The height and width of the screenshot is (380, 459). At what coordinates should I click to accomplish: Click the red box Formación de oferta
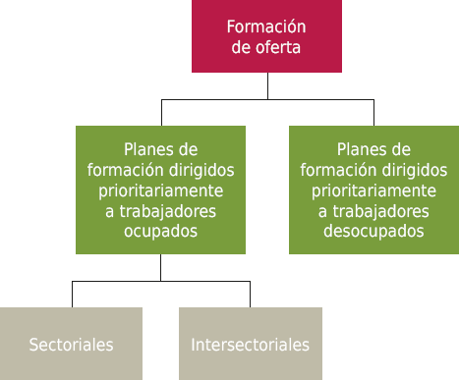[x=266, y=36]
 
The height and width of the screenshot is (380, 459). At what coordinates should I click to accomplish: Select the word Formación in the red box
[x=266, y=27]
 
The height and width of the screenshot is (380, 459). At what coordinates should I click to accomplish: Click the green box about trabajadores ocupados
[x=160, y=190]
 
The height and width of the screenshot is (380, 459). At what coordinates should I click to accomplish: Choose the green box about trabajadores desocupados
[x=373, y=190]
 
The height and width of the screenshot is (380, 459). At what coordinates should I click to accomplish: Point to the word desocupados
[x=373, y=232]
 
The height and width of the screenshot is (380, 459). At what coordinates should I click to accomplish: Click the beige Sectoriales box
[x=71, y=344]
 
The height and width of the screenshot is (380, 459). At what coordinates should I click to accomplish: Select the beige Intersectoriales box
[x=250, y=344]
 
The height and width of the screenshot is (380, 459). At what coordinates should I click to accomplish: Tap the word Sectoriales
[x=71, y=345]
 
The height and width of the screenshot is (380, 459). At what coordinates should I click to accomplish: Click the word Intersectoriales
[x=250, y=345]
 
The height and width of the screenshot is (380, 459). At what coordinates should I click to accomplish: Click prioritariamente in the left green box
[x=160, y=190]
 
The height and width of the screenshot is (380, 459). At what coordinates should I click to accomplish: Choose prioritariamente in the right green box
[x=373, y=190]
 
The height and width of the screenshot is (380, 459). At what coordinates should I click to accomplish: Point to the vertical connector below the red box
[x=267, y=85]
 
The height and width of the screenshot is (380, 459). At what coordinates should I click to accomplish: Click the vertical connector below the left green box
[x=160, y=267]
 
